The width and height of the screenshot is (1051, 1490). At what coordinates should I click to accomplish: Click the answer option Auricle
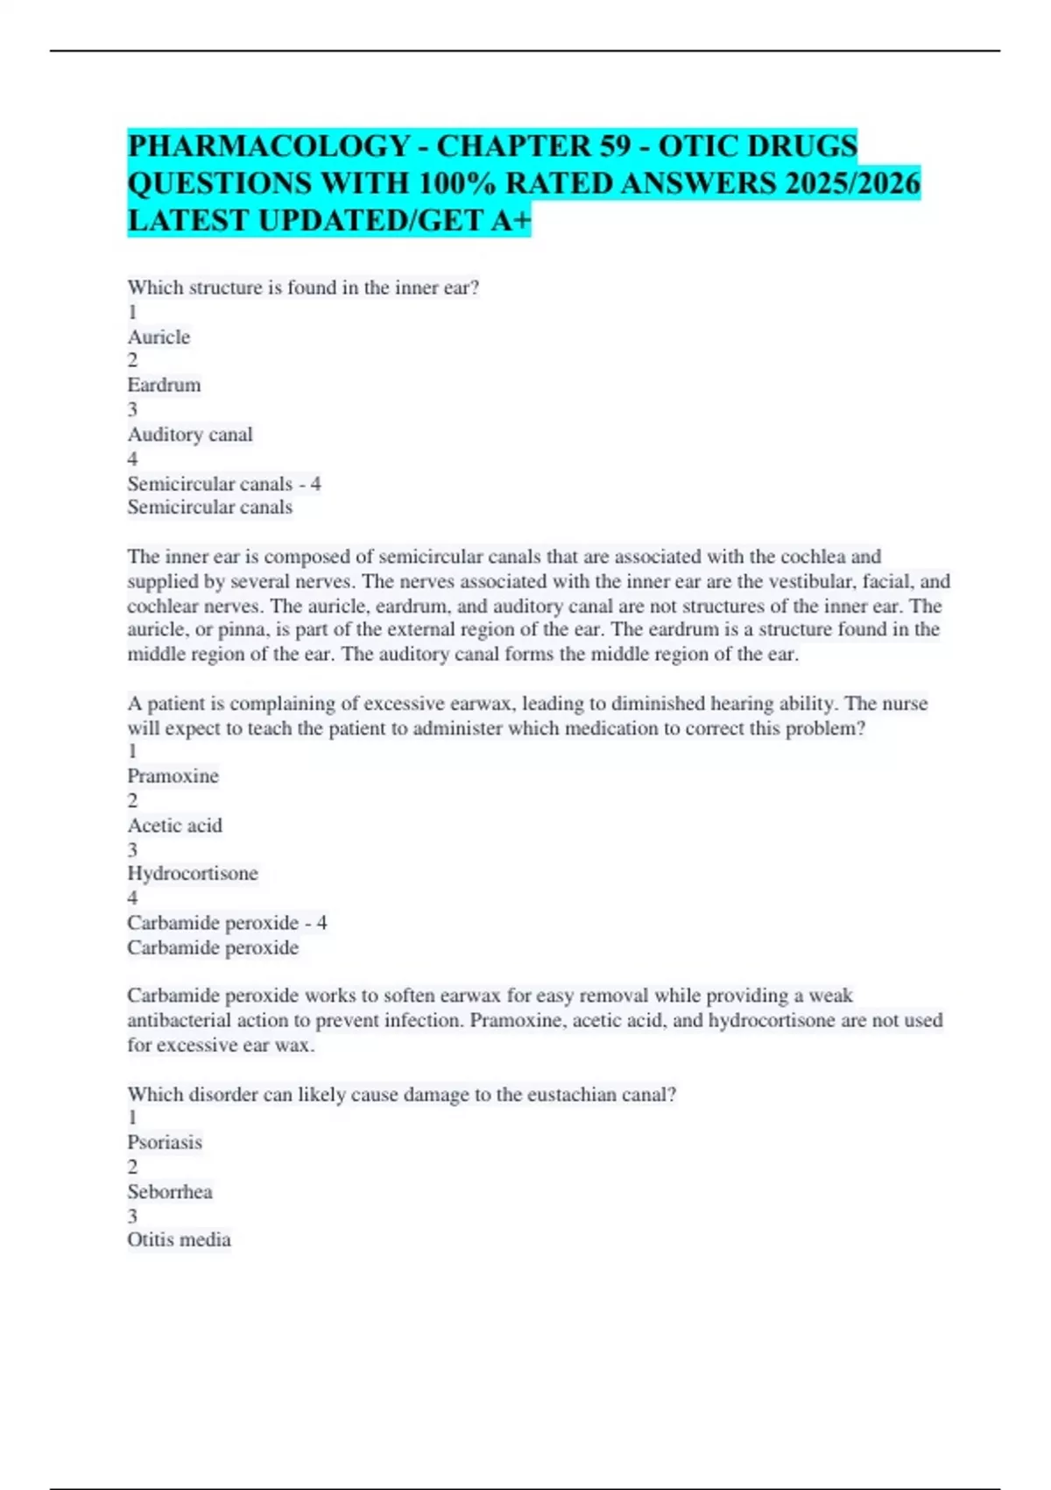coord(159,337)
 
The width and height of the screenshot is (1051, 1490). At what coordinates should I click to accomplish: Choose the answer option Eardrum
coord(164,386)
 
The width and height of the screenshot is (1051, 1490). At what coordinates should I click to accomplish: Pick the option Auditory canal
coord(190,435)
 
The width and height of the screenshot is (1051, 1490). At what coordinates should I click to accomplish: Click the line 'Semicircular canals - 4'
coord(224,484)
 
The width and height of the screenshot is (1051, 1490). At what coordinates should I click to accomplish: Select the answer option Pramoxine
coord(173,777)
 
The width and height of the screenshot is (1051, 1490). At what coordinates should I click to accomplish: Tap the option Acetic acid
coord(175,826)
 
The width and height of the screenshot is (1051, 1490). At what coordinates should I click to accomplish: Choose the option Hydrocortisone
coord(193,874)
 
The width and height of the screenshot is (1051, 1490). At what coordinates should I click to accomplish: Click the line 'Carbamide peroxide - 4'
coord(227,923)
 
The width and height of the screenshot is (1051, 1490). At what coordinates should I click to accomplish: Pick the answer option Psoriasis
coord(165,1143)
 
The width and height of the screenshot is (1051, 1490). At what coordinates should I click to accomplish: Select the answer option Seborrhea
coord(170,1192)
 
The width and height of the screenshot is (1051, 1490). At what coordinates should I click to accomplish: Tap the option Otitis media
coord(180,1240)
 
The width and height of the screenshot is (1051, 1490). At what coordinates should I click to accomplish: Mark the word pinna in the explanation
coord(240,629)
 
